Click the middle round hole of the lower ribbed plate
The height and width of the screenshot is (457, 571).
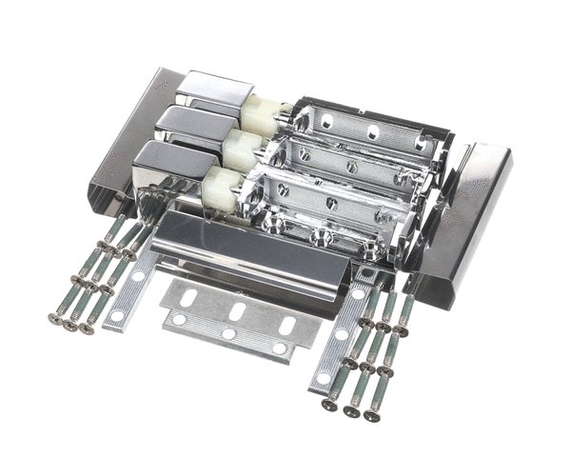229,334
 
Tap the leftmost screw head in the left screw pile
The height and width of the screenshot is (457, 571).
54,319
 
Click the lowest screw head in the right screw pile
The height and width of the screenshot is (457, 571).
371,415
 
